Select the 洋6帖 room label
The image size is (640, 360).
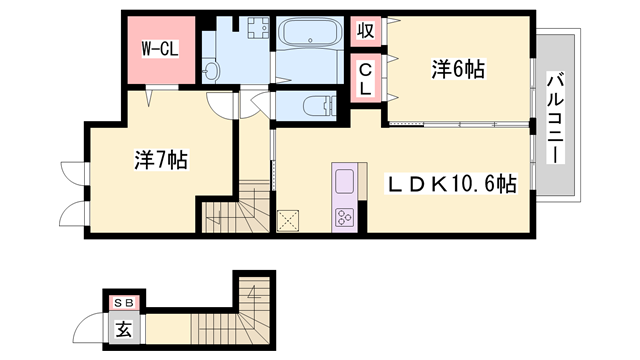458,69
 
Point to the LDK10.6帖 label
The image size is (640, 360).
452,185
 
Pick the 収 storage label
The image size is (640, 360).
365,30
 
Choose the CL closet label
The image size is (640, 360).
365,79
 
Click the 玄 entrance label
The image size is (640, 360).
122,328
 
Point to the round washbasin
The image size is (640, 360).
211,71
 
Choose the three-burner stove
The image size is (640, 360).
345,216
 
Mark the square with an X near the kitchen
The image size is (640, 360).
289,219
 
